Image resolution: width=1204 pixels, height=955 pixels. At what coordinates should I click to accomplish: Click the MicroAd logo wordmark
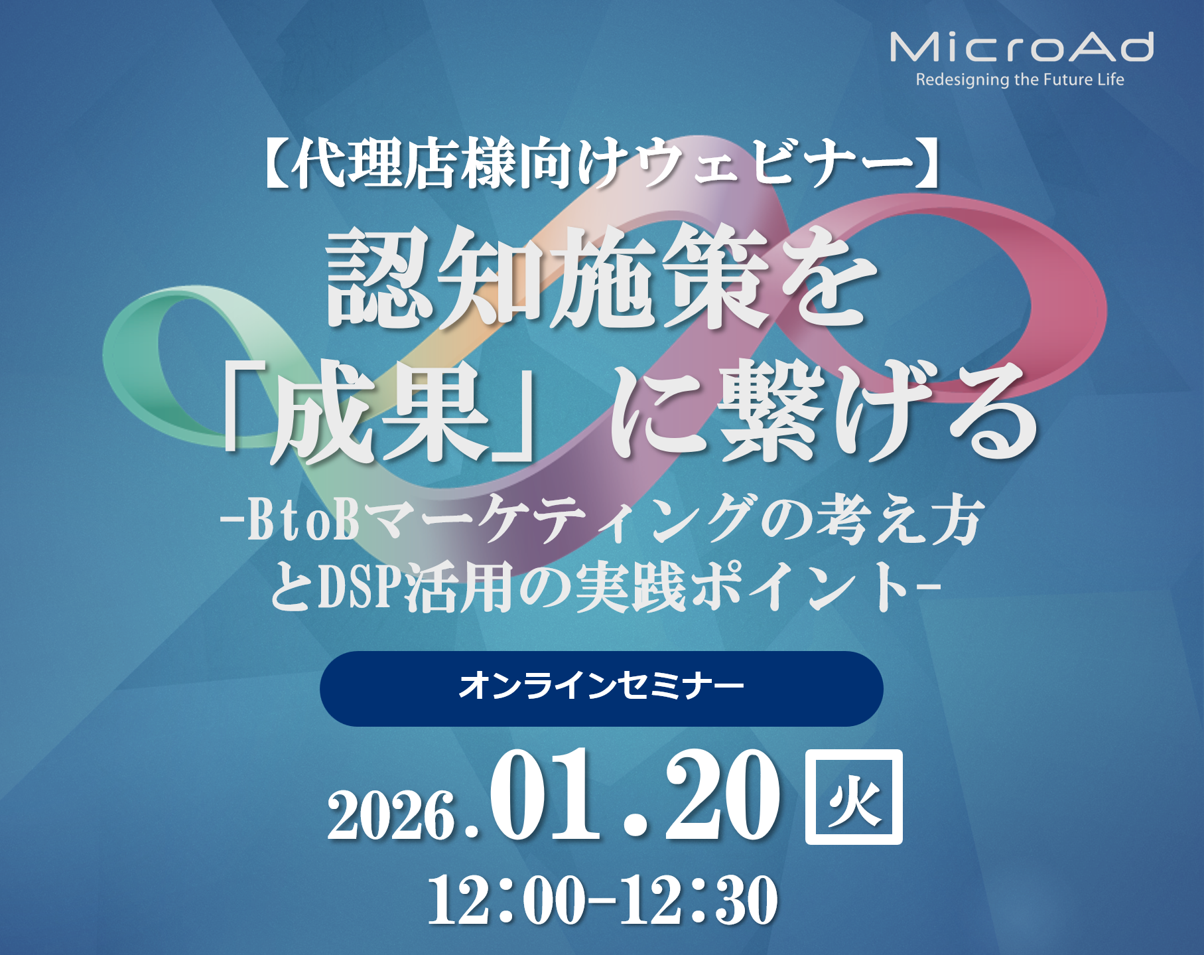(1021, 47)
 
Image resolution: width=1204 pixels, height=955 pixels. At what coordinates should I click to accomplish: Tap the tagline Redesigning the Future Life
(1020, 80)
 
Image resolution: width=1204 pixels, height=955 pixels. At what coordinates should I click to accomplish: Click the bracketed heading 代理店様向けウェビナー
(602, 163)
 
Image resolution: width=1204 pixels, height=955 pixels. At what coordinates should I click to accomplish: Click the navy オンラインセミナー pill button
(601, 688)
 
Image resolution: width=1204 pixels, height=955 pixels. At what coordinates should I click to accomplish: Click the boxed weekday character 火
(854, 797)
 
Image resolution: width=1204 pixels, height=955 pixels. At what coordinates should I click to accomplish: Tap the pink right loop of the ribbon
(1061, 292)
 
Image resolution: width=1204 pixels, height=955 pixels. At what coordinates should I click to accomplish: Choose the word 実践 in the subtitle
(630, 587)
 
